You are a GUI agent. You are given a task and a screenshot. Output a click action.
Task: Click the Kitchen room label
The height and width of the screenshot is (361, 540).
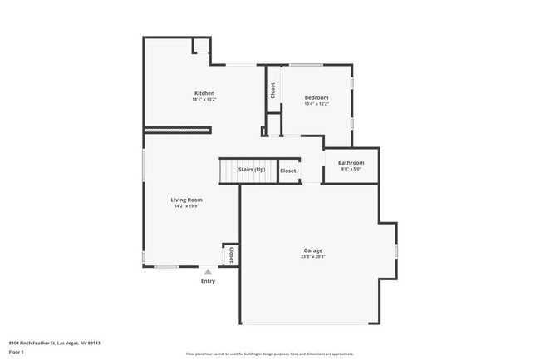[x=204, y=93]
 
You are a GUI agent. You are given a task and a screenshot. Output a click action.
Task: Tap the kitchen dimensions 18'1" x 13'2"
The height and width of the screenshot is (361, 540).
[x=204, y=100]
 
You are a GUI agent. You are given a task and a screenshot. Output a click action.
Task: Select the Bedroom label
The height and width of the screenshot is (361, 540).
[x=317, y=97]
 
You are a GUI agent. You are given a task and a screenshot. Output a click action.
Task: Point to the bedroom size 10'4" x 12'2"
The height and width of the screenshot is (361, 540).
[x=317, y=104]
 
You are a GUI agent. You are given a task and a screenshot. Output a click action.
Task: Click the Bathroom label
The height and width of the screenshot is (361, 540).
[x=351, y=162]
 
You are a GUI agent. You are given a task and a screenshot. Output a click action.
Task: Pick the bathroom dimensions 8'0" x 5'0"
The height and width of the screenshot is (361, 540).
[x=351, y=169]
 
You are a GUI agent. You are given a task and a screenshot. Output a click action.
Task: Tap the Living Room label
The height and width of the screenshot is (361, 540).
[x=187, y=200]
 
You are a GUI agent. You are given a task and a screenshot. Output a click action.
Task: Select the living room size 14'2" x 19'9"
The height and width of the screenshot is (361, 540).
[x=187, y=206]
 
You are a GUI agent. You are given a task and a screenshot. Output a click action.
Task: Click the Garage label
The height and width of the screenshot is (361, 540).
[x=312, y=250]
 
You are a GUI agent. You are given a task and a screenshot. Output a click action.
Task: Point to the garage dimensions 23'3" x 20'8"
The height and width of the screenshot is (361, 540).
[x=312, y=257]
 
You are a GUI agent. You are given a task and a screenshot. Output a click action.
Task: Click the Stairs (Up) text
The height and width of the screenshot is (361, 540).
[x=252, y=170]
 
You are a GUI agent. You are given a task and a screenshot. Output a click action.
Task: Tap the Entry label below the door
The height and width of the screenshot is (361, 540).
[x=208, y=281]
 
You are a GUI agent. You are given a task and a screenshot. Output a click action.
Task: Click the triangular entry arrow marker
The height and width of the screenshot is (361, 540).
[x=208, y=271]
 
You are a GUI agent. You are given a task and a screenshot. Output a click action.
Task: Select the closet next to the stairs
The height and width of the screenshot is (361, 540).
[x=288, y=171]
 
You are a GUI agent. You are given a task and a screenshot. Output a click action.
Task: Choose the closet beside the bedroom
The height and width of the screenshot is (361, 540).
[x=272, y=90]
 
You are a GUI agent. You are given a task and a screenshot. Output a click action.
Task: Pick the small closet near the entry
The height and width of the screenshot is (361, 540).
[x=231, y=255]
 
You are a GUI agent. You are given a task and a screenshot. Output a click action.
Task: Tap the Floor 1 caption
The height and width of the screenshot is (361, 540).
[x=17, y=352]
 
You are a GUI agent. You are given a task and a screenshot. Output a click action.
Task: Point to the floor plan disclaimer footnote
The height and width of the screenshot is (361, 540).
[x=270, y=354]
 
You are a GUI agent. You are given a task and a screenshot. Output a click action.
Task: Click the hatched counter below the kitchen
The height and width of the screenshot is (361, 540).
[x=177, y=130]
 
